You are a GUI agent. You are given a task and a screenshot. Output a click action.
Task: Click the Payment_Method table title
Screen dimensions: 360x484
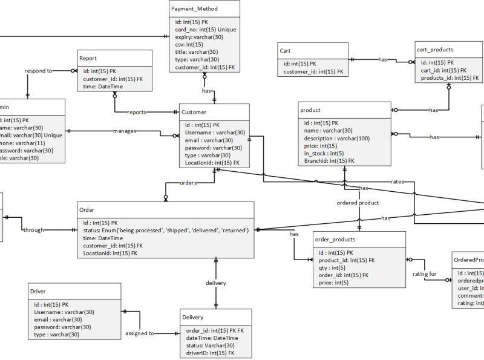click(x=194, y=9)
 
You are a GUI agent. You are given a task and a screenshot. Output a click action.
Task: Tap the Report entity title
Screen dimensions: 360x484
click(x=88, y=59)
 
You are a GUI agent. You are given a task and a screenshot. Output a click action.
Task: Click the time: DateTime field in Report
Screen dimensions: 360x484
click(x=98, y=87)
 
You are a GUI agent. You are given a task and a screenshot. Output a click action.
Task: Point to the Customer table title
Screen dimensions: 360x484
click(x=194, y=112)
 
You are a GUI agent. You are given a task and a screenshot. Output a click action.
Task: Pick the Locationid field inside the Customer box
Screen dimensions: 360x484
click(x=212, y=163)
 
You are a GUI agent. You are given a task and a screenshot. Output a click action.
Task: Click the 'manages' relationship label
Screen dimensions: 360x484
click(x=125, y=131)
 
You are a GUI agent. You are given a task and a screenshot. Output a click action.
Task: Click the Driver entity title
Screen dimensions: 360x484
click(x=38, y=291)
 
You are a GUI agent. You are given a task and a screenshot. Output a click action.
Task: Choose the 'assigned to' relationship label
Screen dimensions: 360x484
click(x=140, y=333)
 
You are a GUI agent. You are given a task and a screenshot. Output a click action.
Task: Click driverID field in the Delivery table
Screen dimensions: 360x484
click(x=209, y=352)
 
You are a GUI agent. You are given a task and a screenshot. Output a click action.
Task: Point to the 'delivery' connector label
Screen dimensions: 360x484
click(x=216, y=283)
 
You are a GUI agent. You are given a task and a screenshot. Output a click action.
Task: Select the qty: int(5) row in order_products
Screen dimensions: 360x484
click(x=332, y=267)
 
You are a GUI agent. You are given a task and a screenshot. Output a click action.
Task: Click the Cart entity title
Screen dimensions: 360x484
click(x=286, y=51)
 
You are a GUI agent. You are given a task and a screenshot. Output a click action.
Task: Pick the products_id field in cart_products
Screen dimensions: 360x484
click(x=449, y=78)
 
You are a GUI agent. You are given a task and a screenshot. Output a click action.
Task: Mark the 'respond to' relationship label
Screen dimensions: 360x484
click(x=39, y=71)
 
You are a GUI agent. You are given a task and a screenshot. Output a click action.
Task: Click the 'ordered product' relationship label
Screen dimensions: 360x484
click(x=358, y=203)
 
